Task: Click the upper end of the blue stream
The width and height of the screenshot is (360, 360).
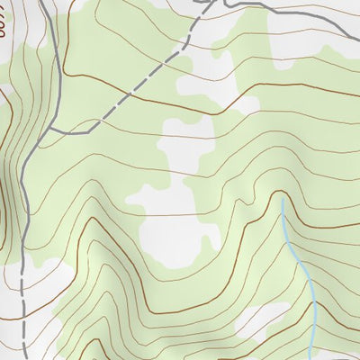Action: [x=282, y=199]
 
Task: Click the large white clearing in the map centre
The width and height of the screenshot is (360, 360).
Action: [x=180, y=216]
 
